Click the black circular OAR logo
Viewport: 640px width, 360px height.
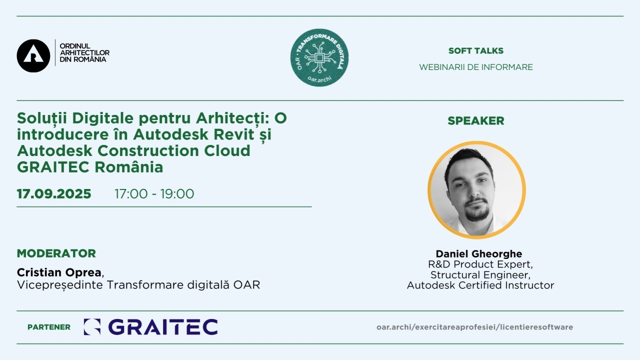pos(33,55)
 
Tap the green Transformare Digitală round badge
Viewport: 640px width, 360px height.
pos(319,57)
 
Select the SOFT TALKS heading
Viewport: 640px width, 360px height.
pos(475,51)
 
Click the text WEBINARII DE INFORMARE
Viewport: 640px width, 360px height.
pos(475,67)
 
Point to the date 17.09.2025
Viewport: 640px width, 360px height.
pos(54,193)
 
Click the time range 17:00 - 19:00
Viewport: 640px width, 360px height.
pos(154,193)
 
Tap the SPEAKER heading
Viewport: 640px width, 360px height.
pos(475,121)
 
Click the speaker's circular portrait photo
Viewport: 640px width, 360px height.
pos(476,190)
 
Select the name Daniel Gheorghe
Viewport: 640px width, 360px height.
pos(479,253)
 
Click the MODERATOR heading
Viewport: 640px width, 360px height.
pos(56,253)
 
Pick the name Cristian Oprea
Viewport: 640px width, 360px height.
pos(59,272)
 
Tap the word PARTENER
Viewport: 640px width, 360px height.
pos(49,327)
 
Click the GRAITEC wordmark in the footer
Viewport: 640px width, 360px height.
pos(163,327)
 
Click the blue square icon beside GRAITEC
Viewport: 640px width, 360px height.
pos(92,327)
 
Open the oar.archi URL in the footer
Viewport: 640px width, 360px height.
pos(474,327)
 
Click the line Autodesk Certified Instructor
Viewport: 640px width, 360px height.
pos(480,285)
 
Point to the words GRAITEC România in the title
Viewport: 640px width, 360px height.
pos(90,167)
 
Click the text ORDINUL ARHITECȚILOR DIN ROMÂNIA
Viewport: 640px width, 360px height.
pos(84,53)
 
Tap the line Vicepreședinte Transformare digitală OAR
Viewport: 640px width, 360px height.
pos(138,285)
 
